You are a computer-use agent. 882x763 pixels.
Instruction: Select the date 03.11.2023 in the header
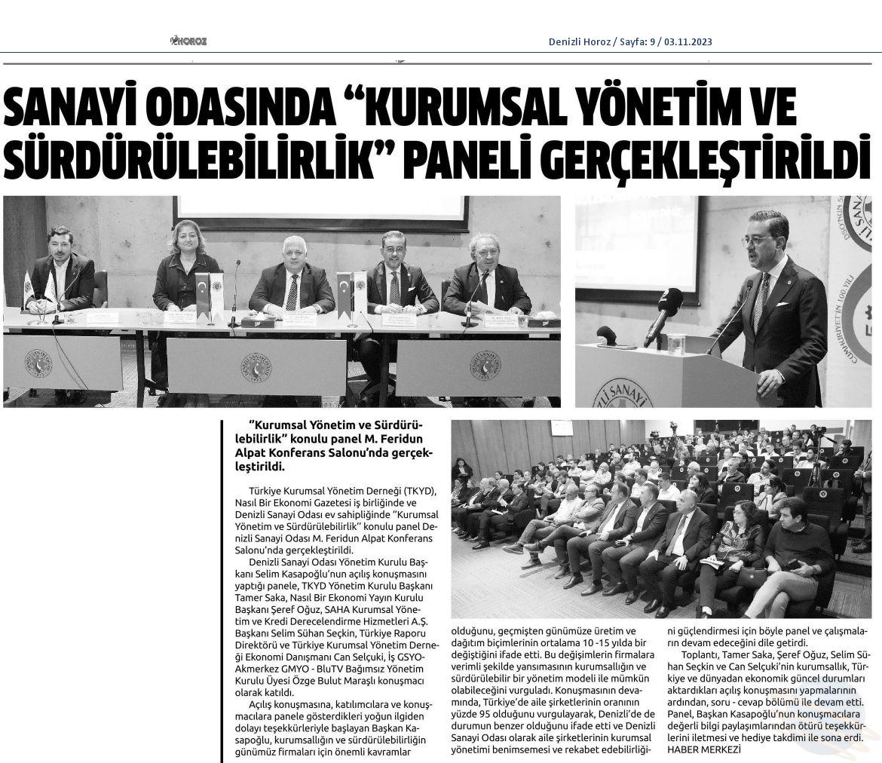click(688, 42)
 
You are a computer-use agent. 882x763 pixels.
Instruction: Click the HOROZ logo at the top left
click(188, 41)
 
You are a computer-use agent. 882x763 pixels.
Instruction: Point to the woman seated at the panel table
click(185, 271)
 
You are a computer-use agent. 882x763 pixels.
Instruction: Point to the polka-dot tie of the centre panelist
click(292, 293)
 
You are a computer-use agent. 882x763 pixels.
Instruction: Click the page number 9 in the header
click(652, 42)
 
